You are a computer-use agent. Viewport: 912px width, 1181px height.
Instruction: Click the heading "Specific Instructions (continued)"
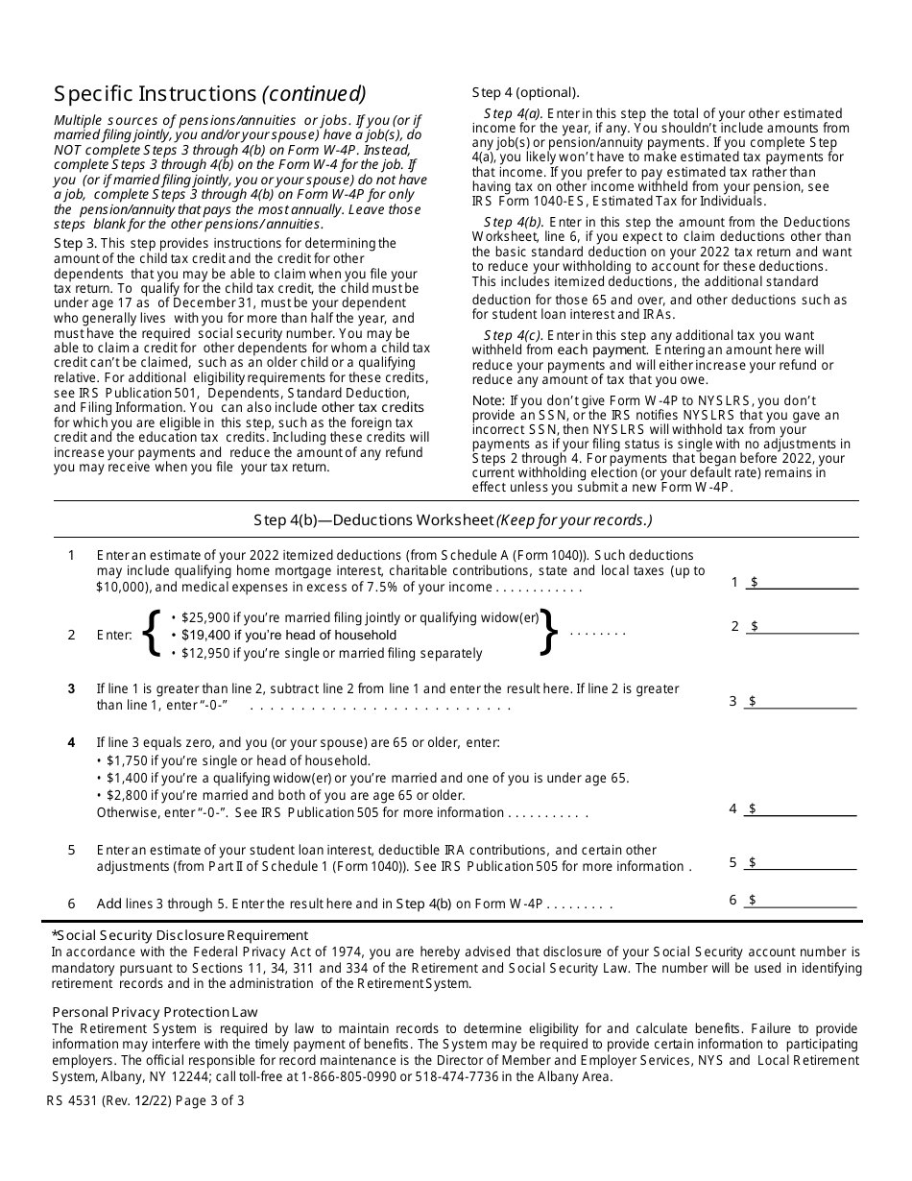tap(209, 94)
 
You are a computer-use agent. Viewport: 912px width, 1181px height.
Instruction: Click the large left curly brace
tap(151, 634)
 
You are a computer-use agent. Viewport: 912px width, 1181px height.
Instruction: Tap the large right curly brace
tap(548, 633)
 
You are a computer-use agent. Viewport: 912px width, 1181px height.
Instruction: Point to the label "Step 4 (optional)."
tap(525, 93)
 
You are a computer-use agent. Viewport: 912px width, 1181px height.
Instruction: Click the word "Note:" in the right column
tap(489, 400)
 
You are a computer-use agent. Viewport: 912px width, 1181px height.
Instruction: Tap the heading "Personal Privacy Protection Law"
tap(155, 1012)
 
